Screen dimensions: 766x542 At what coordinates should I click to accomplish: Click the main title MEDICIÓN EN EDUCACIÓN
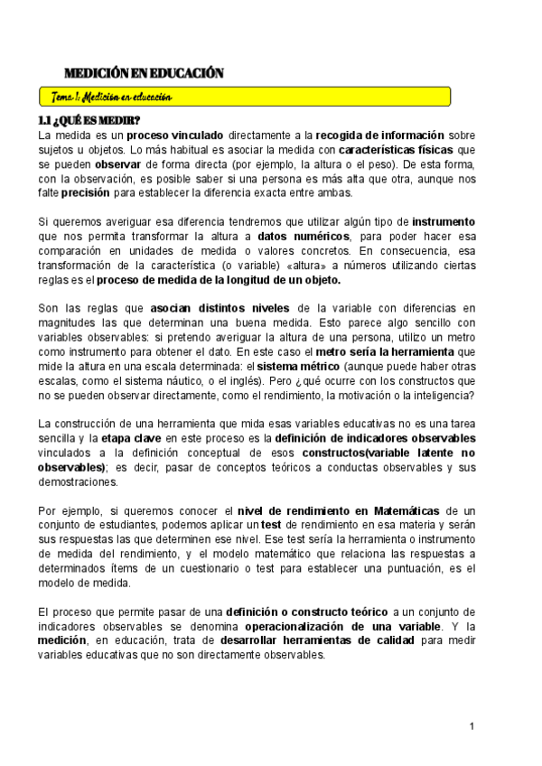point(144,73)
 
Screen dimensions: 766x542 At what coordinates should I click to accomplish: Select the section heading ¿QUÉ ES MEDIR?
point(89,120)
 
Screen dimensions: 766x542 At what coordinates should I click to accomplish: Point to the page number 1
point(472,726)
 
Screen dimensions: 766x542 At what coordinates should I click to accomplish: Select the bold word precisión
point(85,191)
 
